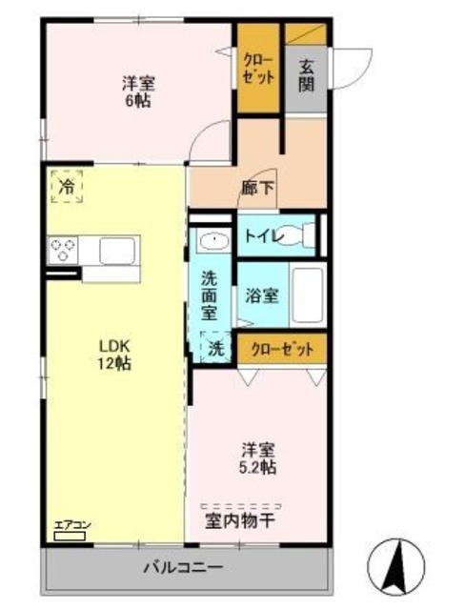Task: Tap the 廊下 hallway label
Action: click(259, 189)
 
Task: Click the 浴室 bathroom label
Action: click(263, 295)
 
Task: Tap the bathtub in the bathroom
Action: click(308, 296)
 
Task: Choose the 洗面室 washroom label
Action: click(210, 295)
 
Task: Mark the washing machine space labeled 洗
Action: click(215, 348)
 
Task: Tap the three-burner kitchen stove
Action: click(64, 252)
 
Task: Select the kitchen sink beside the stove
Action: click(119, 252)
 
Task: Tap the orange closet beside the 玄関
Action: click(259, 68)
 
